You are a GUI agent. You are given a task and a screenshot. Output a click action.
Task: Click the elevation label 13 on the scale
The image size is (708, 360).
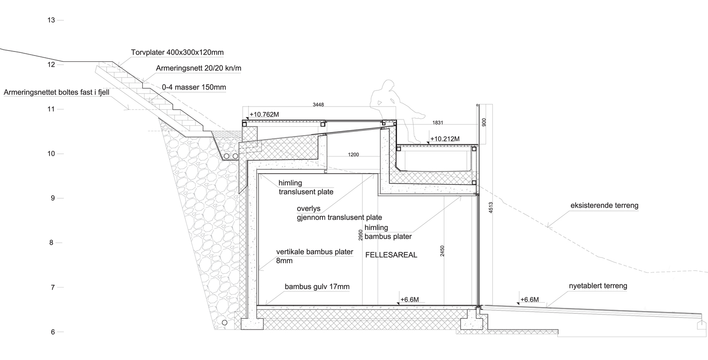(x=51, y=20)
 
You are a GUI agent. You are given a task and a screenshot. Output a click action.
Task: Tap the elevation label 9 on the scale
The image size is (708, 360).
(x=53, y=198)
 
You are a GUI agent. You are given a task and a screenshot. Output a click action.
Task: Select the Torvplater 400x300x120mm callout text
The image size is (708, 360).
(x=177, y=52)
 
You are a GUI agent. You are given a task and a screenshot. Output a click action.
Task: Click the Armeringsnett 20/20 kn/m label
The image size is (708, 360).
(x=199, y=69)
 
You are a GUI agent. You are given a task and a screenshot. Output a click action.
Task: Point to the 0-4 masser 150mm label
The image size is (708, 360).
(x=194, y=87)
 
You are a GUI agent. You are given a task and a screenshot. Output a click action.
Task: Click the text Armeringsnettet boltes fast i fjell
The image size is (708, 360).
(x=56, y=93)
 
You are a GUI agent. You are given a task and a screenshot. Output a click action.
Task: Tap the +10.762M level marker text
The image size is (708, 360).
(x=264, y=115)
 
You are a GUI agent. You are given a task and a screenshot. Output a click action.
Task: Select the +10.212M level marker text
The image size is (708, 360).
(x=445, y=139)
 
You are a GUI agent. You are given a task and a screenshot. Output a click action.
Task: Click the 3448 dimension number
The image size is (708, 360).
(x=318, y=105)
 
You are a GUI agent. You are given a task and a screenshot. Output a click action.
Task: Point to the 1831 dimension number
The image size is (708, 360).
(x=438, y=123)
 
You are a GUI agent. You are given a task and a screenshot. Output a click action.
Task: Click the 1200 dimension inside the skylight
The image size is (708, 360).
(x=354, y=154)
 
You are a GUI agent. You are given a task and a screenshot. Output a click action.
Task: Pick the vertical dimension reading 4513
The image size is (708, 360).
(x=491, y=207)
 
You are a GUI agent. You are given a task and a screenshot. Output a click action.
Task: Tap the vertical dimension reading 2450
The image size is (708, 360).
(x=442, y=251)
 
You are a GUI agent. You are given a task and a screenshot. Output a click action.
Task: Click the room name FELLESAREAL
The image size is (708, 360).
(x=391, y=255)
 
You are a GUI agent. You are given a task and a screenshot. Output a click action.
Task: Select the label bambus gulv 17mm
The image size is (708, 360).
(x=317, y=287)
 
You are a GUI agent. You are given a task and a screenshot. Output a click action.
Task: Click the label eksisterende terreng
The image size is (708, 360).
(x=604, y=206)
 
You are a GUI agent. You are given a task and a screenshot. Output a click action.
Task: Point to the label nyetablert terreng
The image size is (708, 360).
(x=598, y=286)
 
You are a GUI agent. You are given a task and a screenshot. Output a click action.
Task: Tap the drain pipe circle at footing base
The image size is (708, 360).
(x=224, y=323)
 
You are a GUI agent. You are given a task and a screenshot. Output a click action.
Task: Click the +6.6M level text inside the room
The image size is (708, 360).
(x=409, y=300)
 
